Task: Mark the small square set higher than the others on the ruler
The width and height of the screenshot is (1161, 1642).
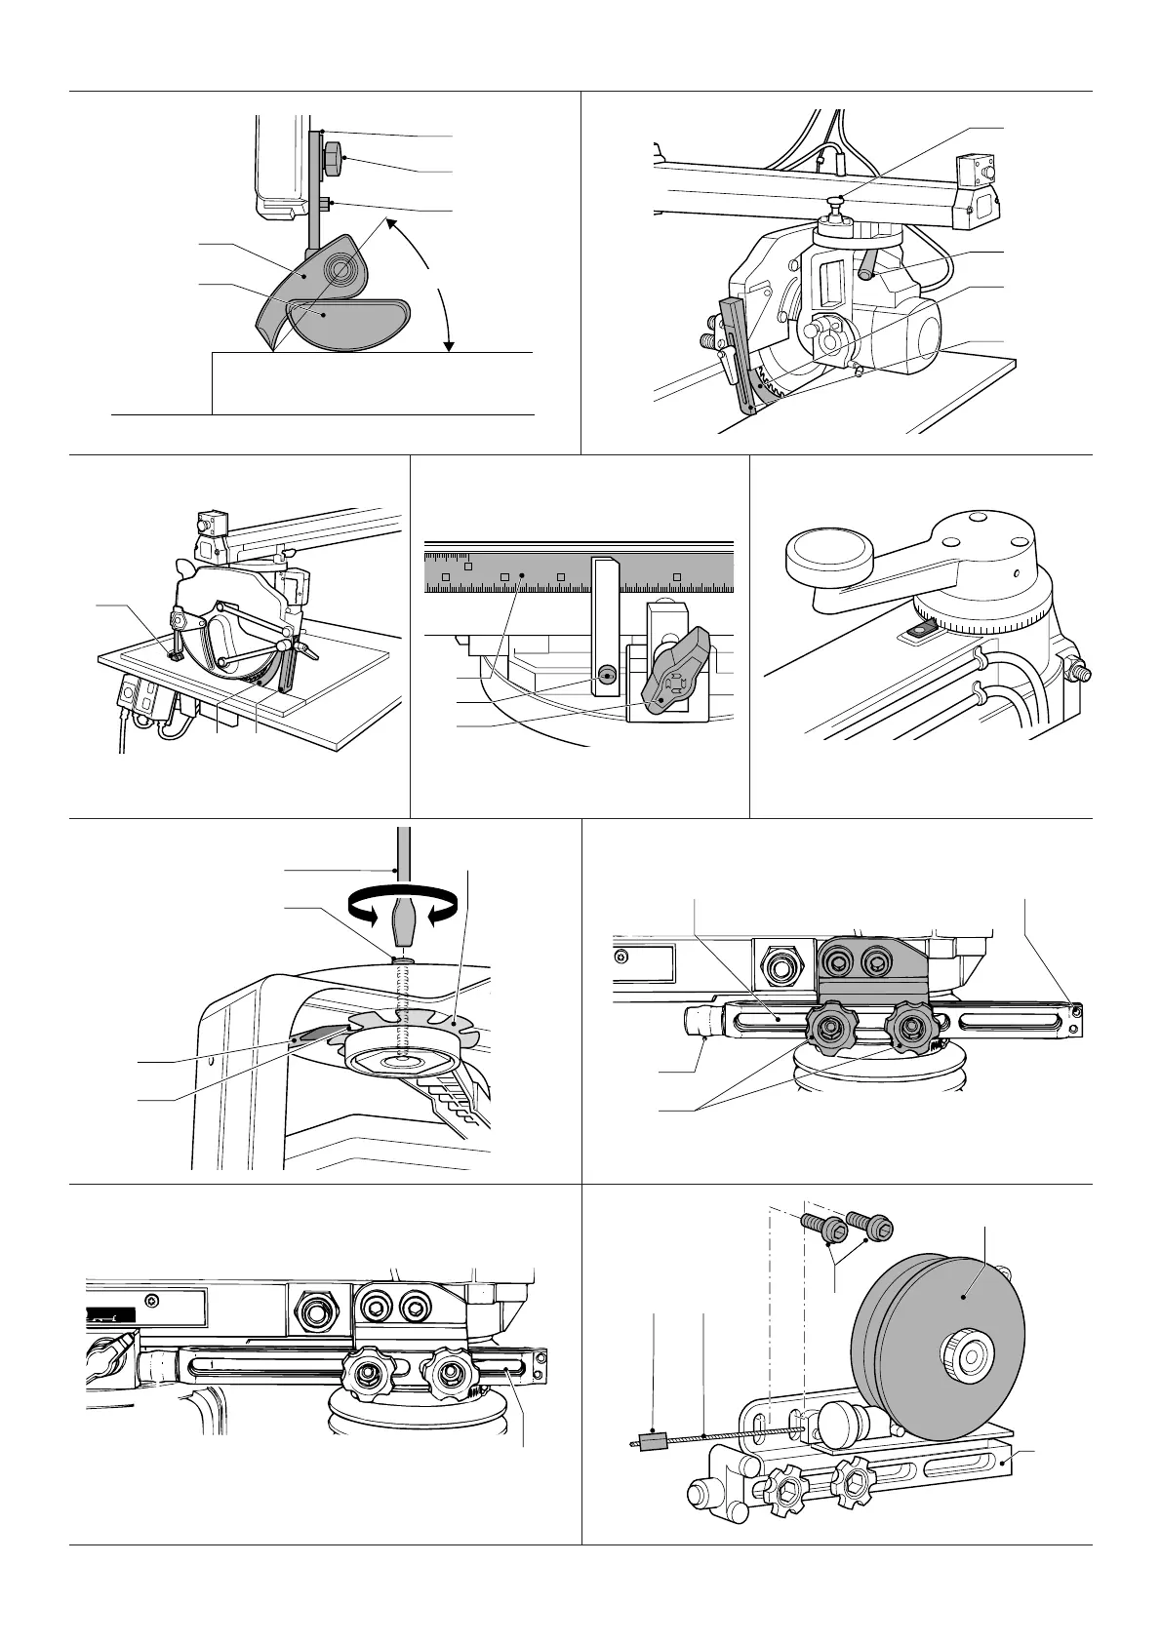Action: [x=468, y=567]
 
